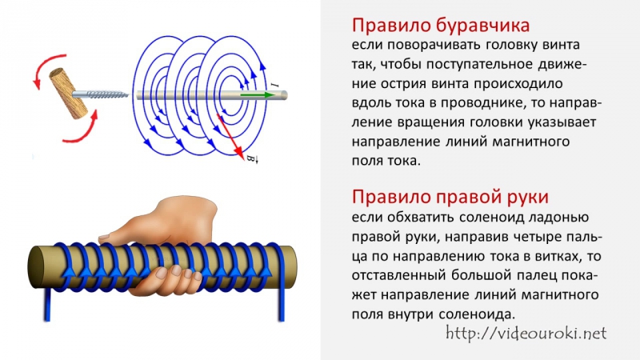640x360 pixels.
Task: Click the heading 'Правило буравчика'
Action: click(441, 26)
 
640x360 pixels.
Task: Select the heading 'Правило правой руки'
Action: click(450, 197)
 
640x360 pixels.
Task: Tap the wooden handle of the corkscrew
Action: click(69, 93)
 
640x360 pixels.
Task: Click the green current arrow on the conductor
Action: click(258, 95)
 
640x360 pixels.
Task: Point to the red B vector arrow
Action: click(230, 135)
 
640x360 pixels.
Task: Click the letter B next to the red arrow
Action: click(251, 158)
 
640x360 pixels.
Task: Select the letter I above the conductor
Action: click(274, 86)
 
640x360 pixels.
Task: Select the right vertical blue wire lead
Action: click(282, 300)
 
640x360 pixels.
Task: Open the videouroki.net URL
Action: click(526, 334)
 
